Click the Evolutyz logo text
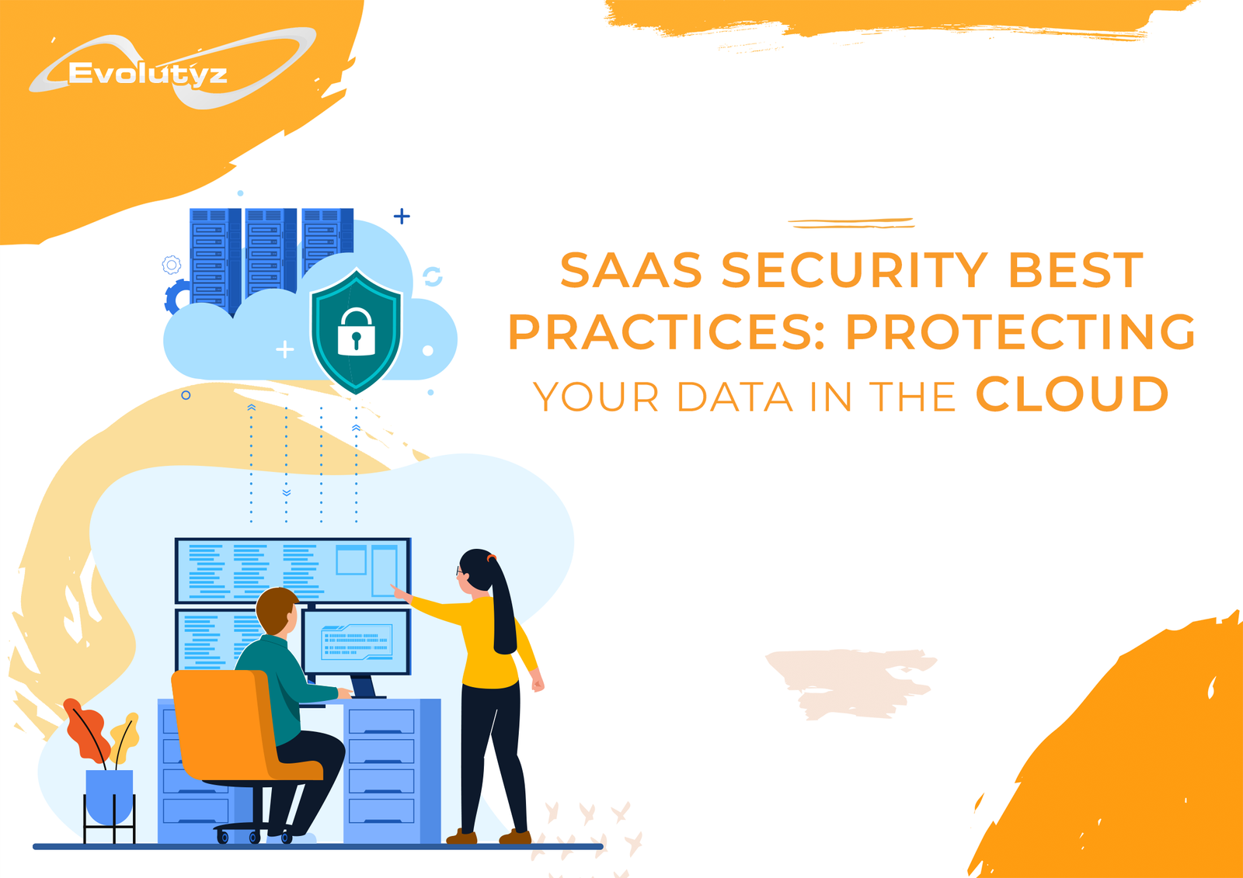coord(147,74)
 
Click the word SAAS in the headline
coord(631,270)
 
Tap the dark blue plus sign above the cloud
coord(402,216)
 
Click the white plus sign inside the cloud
coord(284,349)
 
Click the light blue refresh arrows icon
coord(432,276)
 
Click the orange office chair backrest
coord(221,721)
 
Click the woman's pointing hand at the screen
coord(399,592)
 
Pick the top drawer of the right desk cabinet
coord(381,721)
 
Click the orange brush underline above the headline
coord(851,223)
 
